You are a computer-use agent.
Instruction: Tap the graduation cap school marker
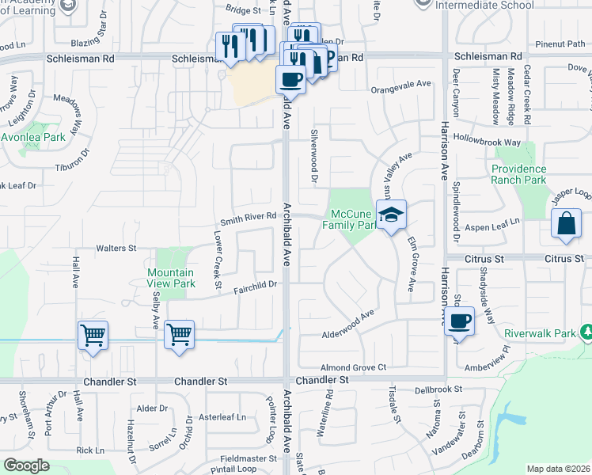point(391,215)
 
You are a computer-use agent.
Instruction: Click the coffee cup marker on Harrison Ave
point(458,321)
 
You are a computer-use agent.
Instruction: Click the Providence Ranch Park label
point(518,174)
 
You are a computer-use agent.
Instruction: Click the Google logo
point(27,465)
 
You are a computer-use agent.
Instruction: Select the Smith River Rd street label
point(248,216)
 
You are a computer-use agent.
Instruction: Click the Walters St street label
point(116,249)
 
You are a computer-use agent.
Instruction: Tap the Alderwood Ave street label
point(347,325)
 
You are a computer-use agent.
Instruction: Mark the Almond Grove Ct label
point(353,367)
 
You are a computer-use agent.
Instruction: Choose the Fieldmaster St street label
point(248,458)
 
